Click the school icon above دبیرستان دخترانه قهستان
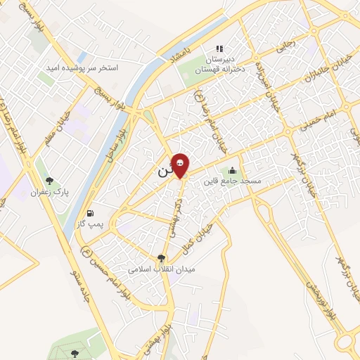tap(220, 49)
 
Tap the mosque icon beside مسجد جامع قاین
tap(232, 170)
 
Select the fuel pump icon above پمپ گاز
tap(90, 213)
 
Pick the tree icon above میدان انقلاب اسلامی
tap(162, 258)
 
